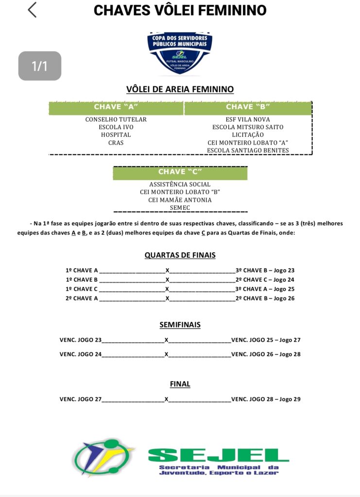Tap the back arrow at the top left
pos(32,10)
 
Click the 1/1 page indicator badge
pos(40,66)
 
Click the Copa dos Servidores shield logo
pos(180,52)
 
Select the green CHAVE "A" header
pos(116,107)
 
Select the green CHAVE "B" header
pos(248,107)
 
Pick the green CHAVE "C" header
pos(180,172)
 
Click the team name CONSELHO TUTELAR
pos(116,119)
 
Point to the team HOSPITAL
pos(116,135)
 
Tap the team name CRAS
pos(116,143)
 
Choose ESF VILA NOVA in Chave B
pos(248,119)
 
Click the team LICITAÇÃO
pos(248,135)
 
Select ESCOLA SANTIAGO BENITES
pos(248,150)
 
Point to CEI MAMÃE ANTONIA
pos(180,200)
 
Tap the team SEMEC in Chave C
pos(180,208)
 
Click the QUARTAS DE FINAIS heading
pos(180,255)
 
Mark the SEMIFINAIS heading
pos(180,325)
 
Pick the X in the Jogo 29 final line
pos(166,399)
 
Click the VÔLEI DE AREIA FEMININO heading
pos(180,89)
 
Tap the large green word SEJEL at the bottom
pos(218,455)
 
